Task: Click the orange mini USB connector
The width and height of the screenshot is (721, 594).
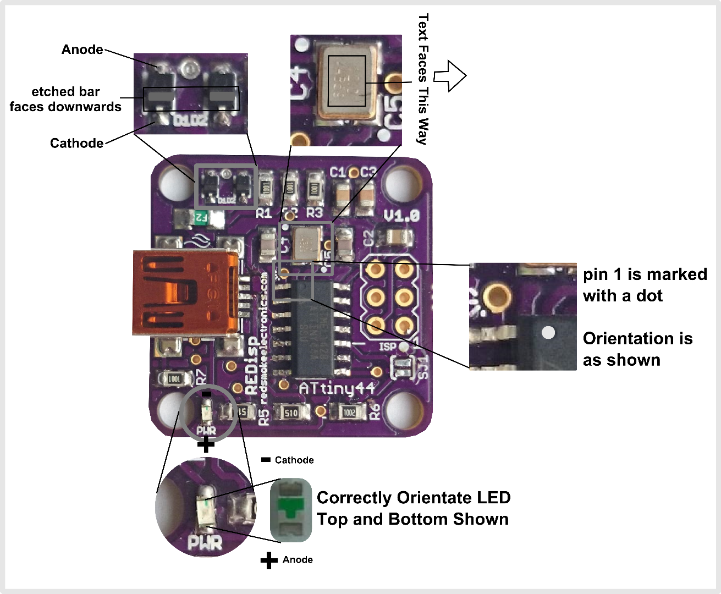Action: click(x=184, y=293)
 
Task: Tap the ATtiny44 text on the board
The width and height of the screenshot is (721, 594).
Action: click(x=337, y=388)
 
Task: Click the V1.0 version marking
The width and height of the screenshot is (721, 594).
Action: click(x=401, y=216)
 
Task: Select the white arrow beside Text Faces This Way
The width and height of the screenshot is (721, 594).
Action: click(x=450, y=76)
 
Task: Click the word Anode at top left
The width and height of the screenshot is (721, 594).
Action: click(x=82, y=50)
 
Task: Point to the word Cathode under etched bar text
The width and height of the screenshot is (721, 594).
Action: click(x=76, y=144)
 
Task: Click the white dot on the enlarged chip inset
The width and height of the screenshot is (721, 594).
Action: click(x=548, y=332)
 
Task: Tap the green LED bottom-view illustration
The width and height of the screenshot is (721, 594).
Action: click(x=291, y=509)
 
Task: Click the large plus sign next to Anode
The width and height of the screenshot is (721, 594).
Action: click(x=268, y=560)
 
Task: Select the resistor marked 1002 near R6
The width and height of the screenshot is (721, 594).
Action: click(x=348, y=412)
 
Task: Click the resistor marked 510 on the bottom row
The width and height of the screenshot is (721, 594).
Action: click(x=290, y=412)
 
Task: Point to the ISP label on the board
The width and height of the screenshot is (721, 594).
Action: click(x=388, y=347)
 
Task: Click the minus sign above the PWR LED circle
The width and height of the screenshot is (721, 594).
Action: click(x=206, y=394)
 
